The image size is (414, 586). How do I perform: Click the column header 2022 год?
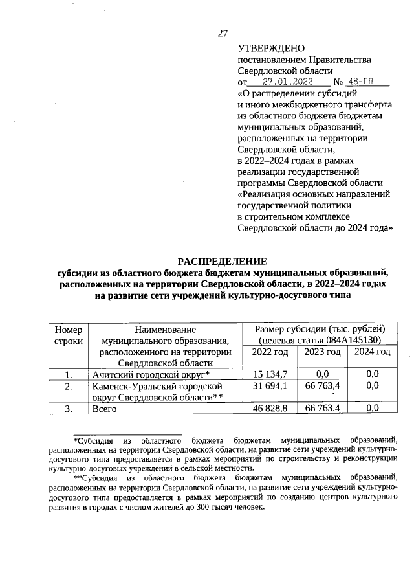pyautogui.click(x=268, y=352)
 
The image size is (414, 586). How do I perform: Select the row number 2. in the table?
pyautogui.click(x=69, y=386)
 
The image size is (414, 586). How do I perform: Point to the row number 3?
pyautogui.click(x=69, y=409)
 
